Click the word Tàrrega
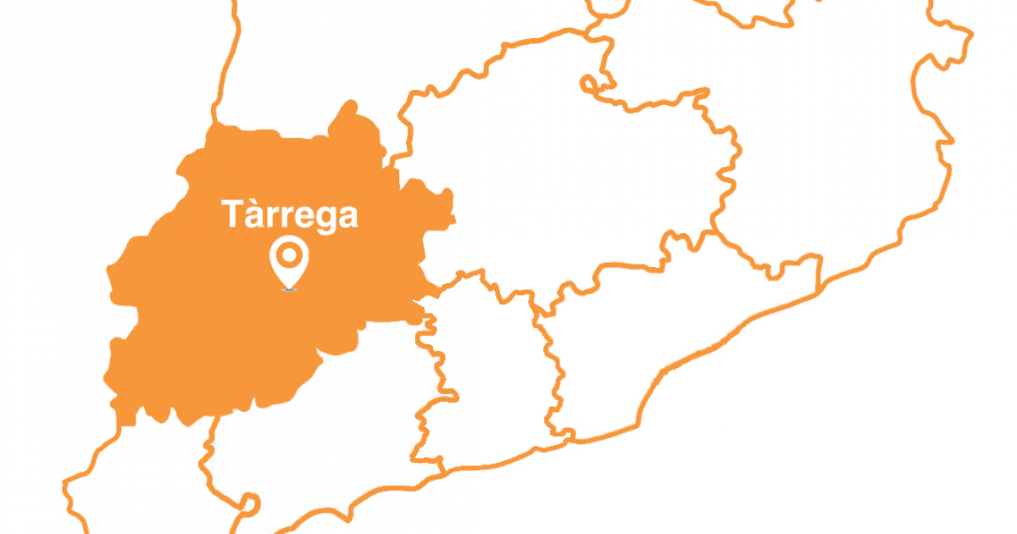290,214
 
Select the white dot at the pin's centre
289,253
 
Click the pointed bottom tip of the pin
289,286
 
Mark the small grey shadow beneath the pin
289,290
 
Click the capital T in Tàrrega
232,214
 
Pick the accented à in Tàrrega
253,216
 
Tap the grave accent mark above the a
251,203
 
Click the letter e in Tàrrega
297,218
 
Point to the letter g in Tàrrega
320,220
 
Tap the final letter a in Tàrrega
347,218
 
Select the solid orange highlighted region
220,322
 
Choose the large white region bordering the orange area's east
559,186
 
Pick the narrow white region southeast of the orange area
483,364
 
